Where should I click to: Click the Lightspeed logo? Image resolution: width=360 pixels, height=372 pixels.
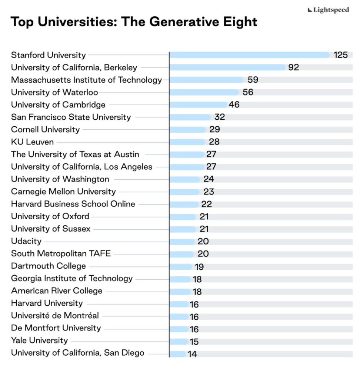point(328,10)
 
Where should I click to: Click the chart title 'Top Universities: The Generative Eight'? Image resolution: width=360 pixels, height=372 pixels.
point(134,22)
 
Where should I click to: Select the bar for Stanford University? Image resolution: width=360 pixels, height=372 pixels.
point(249,55)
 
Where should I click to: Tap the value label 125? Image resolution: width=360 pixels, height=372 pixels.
point(340,55)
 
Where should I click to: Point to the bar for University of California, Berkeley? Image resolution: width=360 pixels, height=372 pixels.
point(227,67)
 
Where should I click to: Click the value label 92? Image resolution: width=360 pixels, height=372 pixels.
point(293,67)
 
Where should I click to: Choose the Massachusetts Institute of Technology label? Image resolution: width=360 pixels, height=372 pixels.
point(86,80)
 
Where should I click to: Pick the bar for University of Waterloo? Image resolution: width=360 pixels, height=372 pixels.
point(204,92)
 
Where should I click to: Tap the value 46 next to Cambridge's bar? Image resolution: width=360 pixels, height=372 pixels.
point(234,105)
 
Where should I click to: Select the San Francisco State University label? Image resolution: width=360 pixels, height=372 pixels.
point(71,117)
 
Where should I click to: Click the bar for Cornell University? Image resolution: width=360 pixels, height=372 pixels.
point(188,130)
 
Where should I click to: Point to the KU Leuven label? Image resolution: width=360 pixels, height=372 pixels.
point(32,142)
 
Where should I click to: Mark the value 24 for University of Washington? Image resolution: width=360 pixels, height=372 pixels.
point(209,179)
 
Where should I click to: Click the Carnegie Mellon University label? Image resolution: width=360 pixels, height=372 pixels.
point(63,192)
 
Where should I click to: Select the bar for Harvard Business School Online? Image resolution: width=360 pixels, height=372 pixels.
point(184,204)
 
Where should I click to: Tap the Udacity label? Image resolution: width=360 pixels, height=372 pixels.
point(26,241)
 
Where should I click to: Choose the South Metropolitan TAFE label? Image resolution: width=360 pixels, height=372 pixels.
point(61,254)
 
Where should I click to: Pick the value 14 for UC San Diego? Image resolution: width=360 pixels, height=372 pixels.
point(192,354)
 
